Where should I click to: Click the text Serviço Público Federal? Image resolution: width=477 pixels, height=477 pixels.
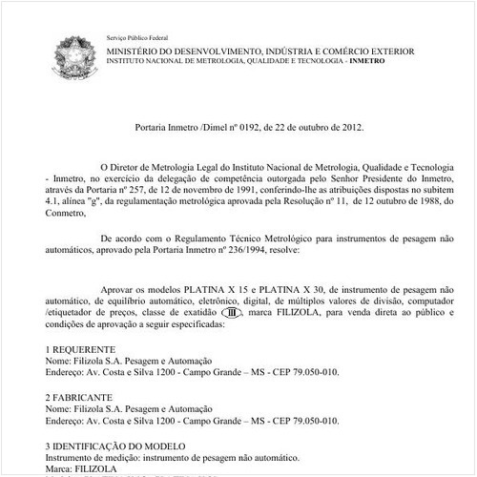136,35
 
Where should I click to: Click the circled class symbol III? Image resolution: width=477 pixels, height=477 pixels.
231,312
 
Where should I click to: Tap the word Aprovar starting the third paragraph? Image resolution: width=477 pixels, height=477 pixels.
118,287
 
